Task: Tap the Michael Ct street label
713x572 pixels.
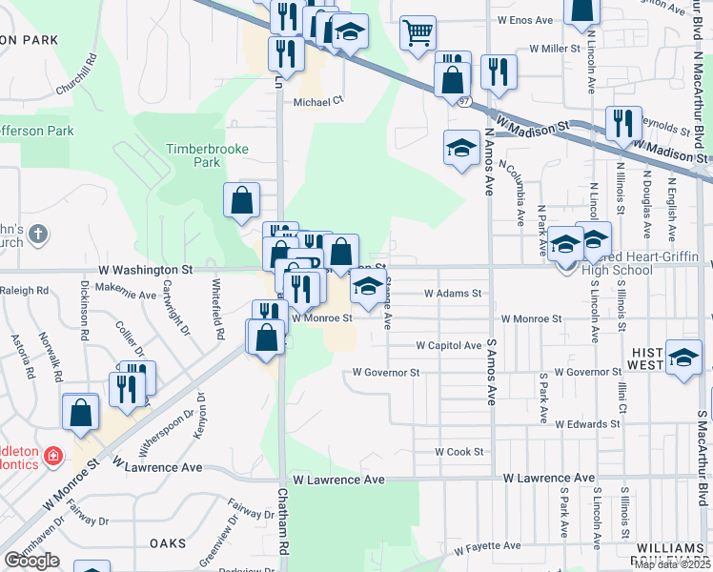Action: [317, 102]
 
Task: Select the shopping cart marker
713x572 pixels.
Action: [418, 34]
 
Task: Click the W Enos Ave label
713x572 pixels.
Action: [525, 20]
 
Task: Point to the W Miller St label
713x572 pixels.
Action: [555, 48]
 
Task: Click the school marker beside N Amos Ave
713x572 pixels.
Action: [461, 149]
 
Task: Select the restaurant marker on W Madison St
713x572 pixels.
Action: [623, 124]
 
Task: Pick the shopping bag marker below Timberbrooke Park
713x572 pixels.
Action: [242, 200]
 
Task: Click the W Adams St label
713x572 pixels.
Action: [454, 295]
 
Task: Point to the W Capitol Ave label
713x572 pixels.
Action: [449, 346]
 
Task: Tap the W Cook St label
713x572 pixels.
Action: [459, 452]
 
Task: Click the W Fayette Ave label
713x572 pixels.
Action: [487, 547]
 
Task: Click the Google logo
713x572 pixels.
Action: [31, 561]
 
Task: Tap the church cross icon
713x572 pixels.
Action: [37, 234]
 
